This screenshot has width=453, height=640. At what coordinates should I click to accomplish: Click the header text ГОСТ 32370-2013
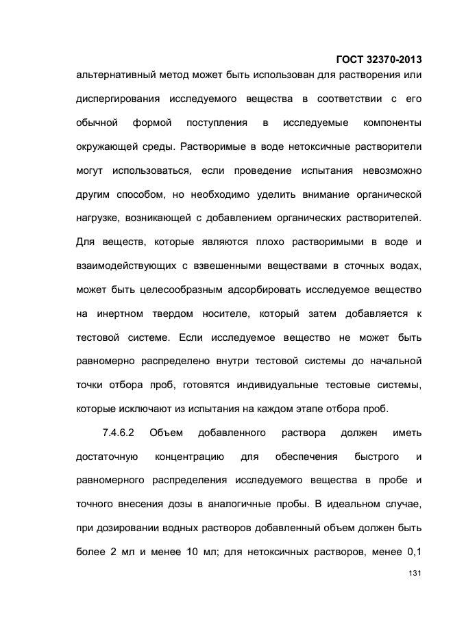point(380,59)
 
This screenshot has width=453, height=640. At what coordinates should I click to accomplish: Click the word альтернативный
point(114,75)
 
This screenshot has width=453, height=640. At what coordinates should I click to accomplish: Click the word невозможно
point(386,170)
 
